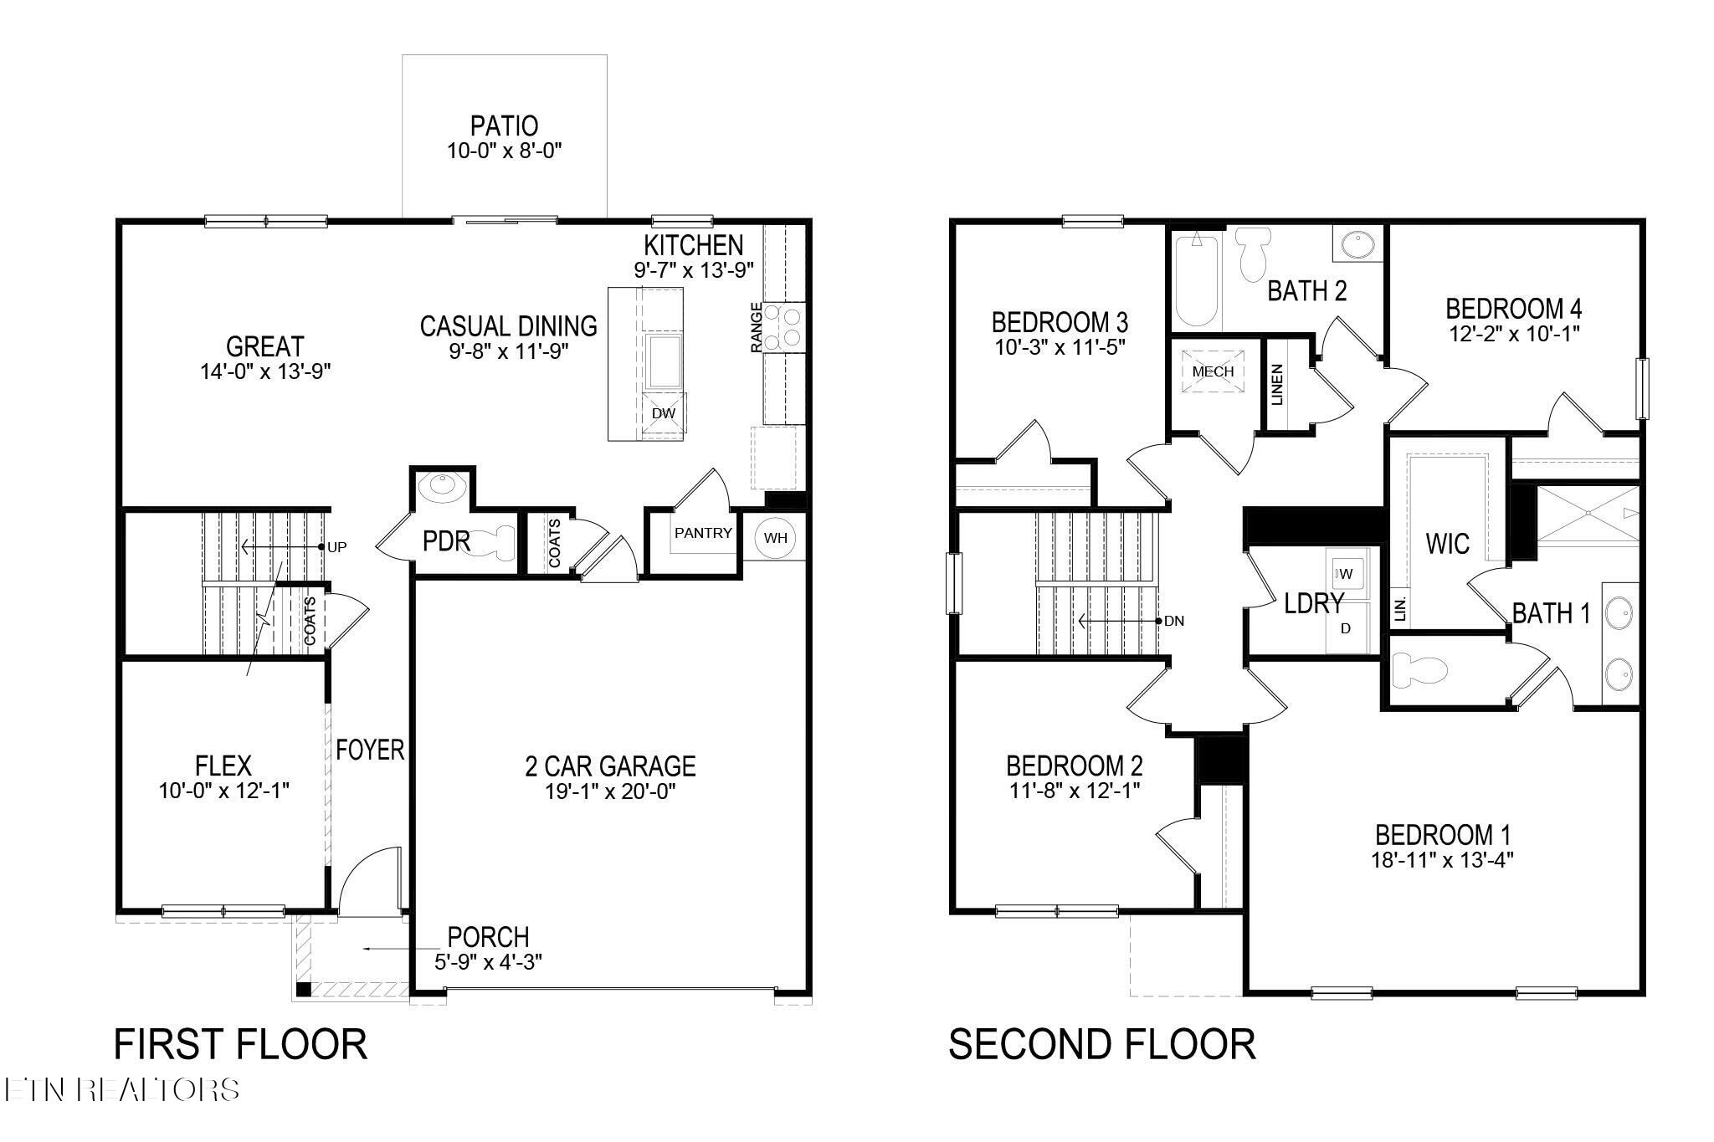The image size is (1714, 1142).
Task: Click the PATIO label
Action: pyautogui.click(x=504, y=126)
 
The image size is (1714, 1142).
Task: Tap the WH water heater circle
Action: pyautogui.click(x=775, y=538)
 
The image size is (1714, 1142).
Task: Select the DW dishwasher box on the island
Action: pyautogui.click(x=664, y=413)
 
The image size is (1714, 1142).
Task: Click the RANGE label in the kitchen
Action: pyautogui.click(x=757, y=327)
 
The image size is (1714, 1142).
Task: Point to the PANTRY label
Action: pyautogui.click(x=703, y=533)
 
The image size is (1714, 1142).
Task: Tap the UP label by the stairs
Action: pyautogui.click(x=337, y=547)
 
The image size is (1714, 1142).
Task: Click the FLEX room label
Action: pyautogui.click(x=223, y=766)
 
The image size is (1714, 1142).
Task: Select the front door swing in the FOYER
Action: pyautogui.click(x=368, y=878)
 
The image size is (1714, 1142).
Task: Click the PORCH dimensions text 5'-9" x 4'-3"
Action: pyautogui.click(x=488, y=962)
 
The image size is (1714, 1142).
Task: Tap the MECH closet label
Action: pyautogui.click(x=1213, y=371)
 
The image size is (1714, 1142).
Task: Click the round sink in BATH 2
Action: pyautogui.click(x=1357, y=245)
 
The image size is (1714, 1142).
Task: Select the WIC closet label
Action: pyautogui.click(x=1447, y=544)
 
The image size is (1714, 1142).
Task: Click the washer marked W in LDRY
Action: pyautogui.click(x=1346, y=573)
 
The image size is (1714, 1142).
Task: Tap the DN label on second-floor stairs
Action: pyautogui.click(x=1174, y=622)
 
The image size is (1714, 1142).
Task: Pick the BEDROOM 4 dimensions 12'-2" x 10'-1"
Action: pyautogui.click(x=1514, y=334)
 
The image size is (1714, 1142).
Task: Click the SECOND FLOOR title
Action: pyautogui.click(x=1101, y=1045)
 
